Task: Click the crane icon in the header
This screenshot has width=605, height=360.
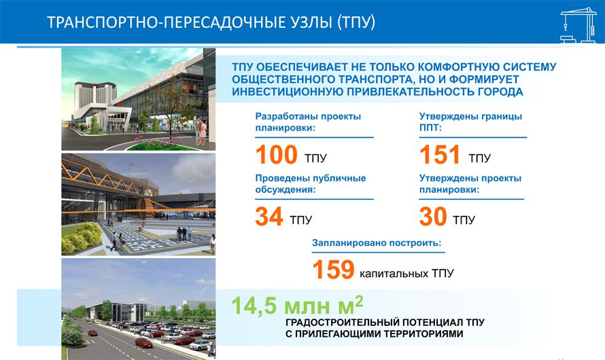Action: click(x=578, y=25)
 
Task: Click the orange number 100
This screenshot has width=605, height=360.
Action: click(x=276, y=155)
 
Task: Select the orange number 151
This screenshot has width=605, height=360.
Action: click(x=439, y=155)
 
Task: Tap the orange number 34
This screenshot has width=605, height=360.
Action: click(x=269, y=216)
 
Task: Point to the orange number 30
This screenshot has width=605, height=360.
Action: click(x=433, y=216)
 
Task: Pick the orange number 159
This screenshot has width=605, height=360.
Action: click(x=333, y=269)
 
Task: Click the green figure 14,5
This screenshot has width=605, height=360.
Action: click(x=254, y=305)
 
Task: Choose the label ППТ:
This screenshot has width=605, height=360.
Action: click(x=430, y=127)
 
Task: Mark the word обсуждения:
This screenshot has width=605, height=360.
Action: click(x=286, y=190)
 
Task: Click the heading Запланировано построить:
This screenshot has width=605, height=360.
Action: click(x=377, y=242)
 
